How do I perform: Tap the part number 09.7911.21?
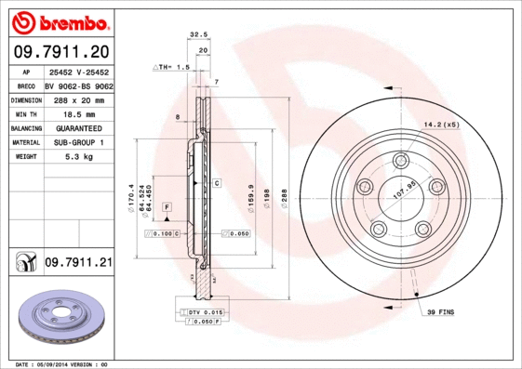[x=77, y=263]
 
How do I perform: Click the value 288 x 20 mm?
[x=78, y=98]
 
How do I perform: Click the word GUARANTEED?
[x=78, y=127]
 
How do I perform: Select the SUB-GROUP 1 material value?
[x=78, y=142]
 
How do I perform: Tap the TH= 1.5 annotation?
[x=173, y=68]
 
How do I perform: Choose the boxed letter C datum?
[x=216, y=184]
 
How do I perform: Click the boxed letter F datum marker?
[x=167, y=204]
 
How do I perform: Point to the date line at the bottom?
[x=63, y=363]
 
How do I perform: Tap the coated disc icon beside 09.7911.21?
[x=23, y=264]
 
